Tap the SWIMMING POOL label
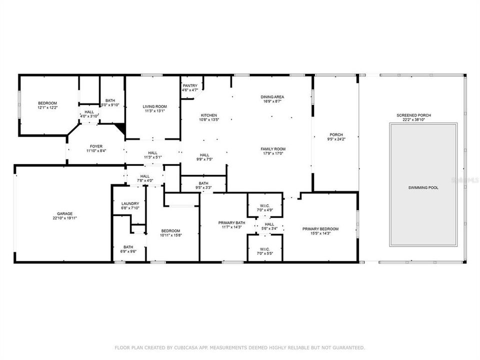423,187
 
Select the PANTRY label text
190,85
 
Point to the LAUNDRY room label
130,203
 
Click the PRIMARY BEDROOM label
320,229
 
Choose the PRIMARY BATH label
231,222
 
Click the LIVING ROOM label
154,106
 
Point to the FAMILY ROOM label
272,149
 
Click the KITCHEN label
209,115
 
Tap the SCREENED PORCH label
413,115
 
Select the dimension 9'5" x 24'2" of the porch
335,139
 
